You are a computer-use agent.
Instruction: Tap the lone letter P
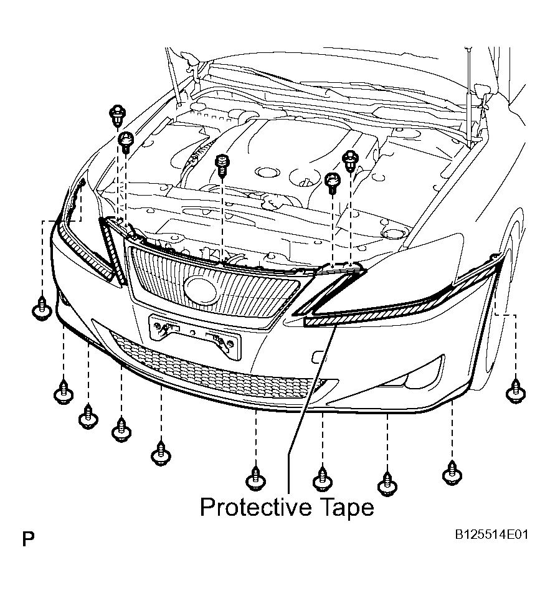pos(28,539)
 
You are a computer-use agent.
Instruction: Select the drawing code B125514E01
pos(491,534)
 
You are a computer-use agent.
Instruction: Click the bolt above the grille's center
pos(222,165)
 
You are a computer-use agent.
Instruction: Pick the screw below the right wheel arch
pos(515,391)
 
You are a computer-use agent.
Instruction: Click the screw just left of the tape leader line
pos(256,478)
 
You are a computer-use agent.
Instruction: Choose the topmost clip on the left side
pos(117,115)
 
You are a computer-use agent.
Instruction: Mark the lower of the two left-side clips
pos(126,142)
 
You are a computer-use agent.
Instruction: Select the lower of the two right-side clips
pos(333,183)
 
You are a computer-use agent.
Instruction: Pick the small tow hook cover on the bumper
pos(317,358)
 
